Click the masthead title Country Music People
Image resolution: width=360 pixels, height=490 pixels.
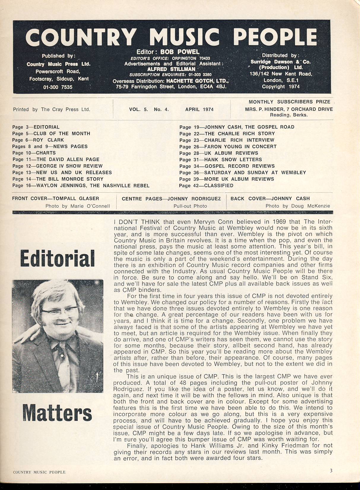[171, 37]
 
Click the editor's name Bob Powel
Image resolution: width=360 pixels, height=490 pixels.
[180, 52]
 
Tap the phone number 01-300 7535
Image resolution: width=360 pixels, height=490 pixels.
[58, 87]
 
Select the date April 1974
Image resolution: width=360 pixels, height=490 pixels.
[199, 109]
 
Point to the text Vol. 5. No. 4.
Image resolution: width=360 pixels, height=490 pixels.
[149, 109]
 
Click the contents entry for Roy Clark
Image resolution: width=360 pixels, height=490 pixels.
[38, 140]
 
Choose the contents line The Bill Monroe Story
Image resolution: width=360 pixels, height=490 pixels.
[58, 179]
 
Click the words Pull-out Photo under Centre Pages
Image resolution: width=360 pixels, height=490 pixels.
[190, 206]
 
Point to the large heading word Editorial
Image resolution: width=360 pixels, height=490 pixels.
[57, 259]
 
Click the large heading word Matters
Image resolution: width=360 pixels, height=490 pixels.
[57, 413]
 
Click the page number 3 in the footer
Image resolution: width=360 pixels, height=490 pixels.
[331, 470]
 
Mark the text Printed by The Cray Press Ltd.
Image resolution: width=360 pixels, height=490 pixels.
[51, 109]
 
